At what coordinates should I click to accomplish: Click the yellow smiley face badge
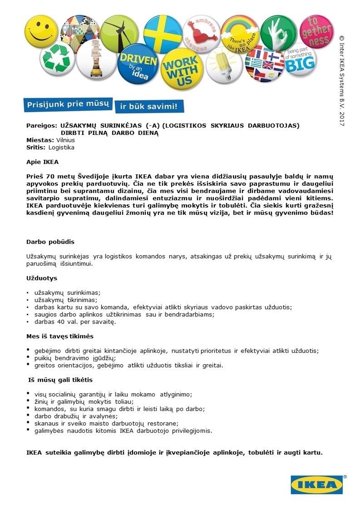(x=41, y=30)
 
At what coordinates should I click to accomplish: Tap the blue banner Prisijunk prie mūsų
(x=68, y=104)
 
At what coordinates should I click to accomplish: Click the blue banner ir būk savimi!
(x=149, y=107)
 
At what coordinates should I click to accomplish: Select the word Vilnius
(x=65, y=140)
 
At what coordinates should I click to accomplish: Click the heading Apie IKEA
(x=42, y=161)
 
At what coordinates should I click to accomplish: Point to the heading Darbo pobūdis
(x=50, y=242)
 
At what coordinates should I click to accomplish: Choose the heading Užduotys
(x=42, y=277)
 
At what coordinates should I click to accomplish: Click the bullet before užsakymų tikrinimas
(x=28, y=300)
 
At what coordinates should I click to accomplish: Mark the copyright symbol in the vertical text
(x=342, y=38)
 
